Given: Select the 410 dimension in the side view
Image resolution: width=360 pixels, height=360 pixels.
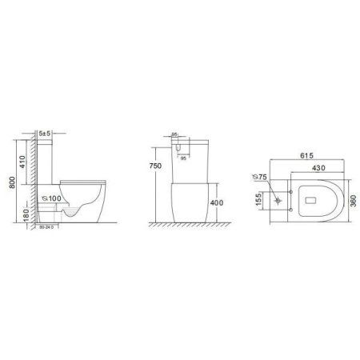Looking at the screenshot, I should (24, 160).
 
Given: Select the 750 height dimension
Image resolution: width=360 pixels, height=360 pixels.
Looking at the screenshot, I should (162, 166).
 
